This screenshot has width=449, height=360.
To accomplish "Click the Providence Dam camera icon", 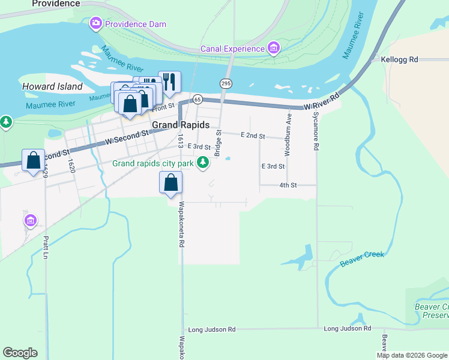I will click(95, 24).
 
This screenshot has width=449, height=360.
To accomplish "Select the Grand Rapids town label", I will click(181, 125).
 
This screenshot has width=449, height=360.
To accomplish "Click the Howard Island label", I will click(52, 86).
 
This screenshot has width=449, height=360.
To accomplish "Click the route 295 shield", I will click(226, 83).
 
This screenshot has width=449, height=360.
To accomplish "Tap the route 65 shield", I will click(197, 99).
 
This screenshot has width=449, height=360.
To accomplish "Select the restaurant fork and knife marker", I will click(169, 82).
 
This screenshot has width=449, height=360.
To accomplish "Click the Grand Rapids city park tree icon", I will click(203, 162).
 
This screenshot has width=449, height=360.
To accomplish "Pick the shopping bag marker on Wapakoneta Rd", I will click(171, 182).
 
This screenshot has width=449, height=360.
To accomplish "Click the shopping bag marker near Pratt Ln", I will click(33, 160).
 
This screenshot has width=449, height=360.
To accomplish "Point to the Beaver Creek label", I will click(361, 259).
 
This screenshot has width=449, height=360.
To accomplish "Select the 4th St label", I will click(288, 185).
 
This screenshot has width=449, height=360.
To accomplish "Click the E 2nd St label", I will click(253, 136).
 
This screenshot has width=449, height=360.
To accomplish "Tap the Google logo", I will click(20, 353).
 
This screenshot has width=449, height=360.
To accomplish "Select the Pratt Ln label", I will click(46, 247).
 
